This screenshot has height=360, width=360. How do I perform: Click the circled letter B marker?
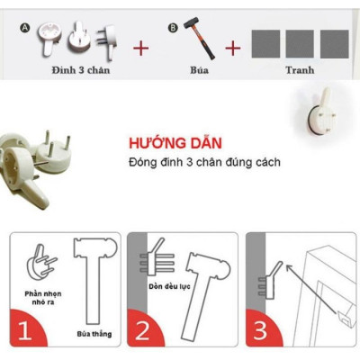pyautogui.click(x=174, y=28)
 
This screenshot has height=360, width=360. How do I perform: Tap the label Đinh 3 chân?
pyautogui.click(x=80, y=70)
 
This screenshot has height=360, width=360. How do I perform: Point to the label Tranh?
pyautogui.click(x=300, y=70)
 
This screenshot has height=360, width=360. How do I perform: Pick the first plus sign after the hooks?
pyautogui.click(x=140, y=48)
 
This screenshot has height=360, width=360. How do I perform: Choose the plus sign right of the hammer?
pyautogui.click(x=233, y=48)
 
